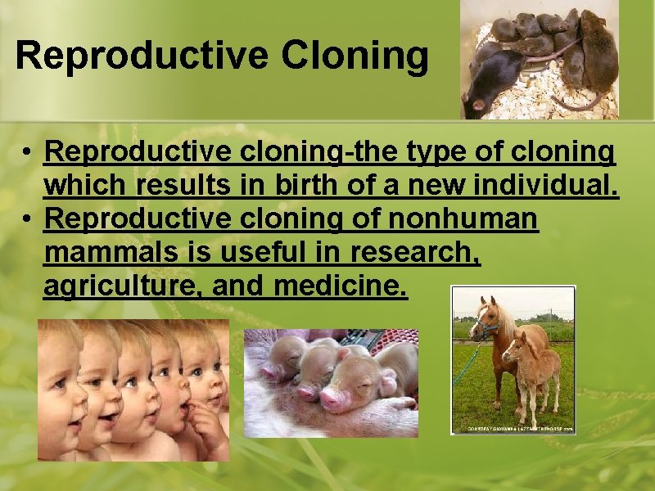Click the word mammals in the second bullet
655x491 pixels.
[109, 254]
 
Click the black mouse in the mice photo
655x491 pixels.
[491, 86]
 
